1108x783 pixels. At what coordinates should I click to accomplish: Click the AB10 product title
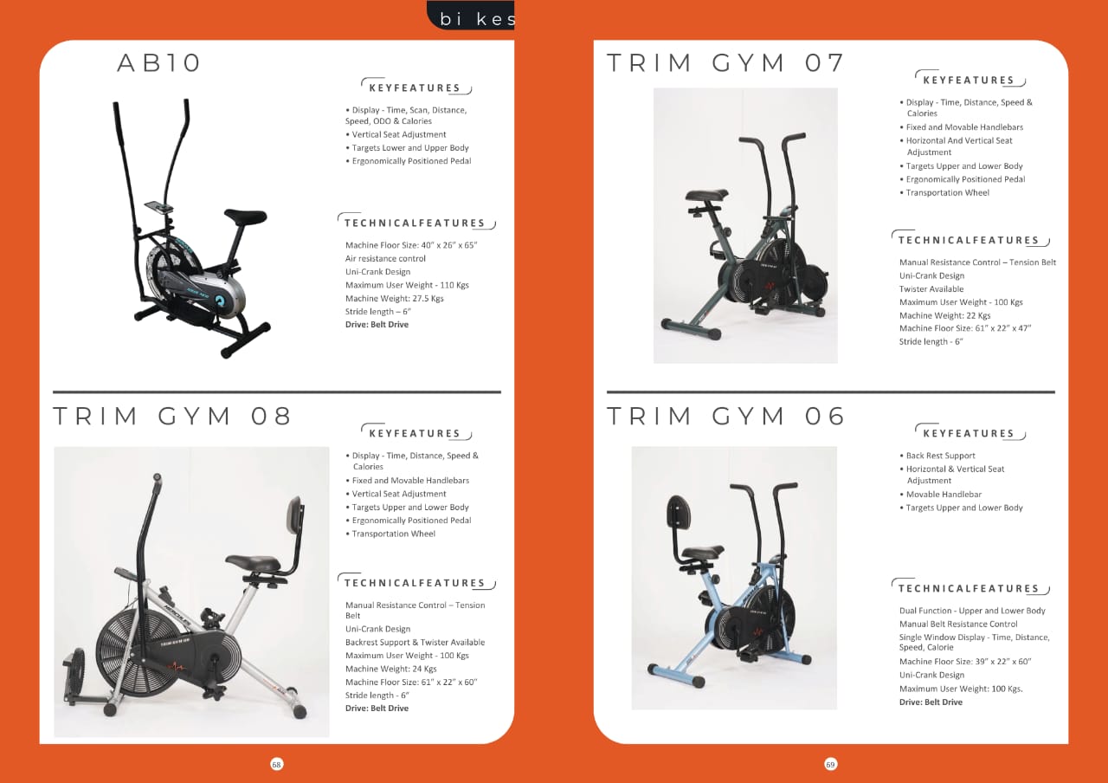point(158,63)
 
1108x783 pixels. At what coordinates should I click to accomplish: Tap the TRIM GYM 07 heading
point(725,63)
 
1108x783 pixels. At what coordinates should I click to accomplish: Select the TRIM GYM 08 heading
point(172,416)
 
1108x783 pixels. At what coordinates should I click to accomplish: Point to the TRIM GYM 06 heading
point(725,416)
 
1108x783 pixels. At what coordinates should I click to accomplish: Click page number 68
point(276,764)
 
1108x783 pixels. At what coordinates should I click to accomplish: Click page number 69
point(830,764)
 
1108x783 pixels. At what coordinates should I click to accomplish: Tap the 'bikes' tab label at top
point(477,19)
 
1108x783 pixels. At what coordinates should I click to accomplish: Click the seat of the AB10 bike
point(245,217)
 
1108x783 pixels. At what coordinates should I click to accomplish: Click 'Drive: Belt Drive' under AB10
point(377,325)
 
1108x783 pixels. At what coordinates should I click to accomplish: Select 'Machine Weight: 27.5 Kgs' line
point(394,299)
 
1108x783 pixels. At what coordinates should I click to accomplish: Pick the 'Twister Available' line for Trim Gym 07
point(931,289)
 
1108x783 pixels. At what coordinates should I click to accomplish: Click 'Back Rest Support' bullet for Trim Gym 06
point(940,456)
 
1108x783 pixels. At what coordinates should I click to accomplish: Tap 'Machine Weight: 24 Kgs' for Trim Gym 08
point(390,669)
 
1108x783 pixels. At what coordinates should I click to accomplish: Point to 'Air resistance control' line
point(385,258)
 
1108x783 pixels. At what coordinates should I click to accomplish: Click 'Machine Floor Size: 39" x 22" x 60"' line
point(965,662)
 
